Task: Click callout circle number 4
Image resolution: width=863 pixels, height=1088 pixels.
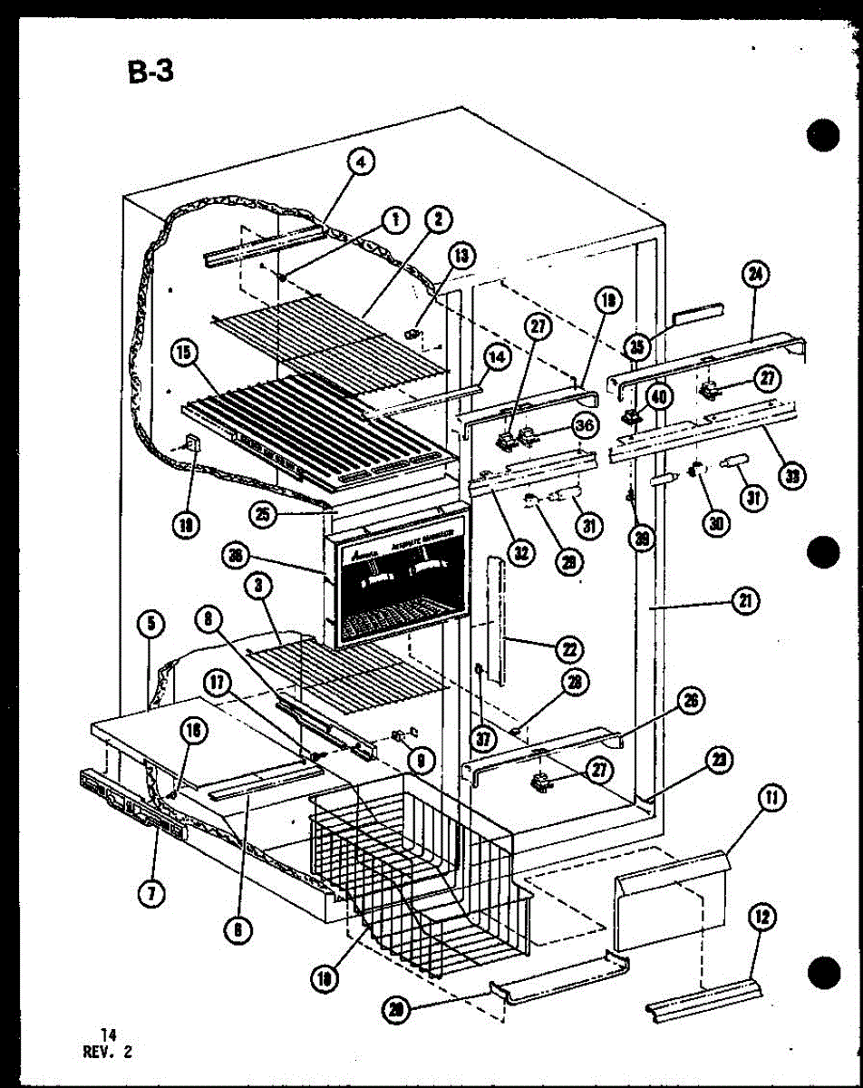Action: pos(361,163)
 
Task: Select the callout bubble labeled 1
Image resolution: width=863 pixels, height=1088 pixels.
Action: pos(393,219)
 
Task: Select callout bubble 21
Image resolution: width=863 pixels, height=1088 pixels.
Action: pos(748,600)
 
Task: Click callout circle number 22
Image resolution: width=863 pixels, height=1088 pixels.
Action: pos(571,649)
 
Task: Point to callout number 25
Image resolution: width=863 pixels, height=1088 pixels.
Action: pos(264,515)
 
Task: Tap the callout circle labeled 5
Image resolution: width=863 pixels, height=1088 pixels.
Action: pos(150,624)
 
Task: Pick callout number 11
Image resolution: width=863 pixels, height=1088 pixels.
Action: pos(771,799)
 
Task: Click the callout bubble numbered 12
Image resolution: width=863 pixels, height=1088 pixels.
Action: pos(761,918)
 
